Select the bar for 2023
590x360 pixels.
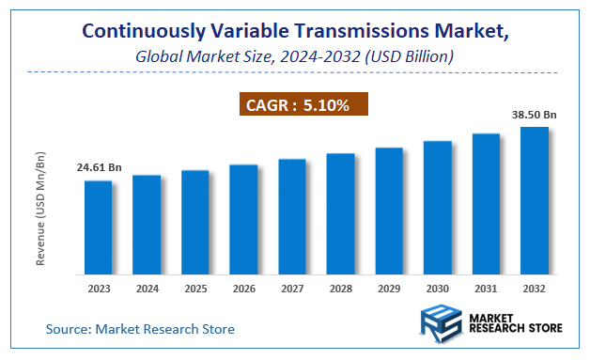pyautogui.click(x=98, y=227)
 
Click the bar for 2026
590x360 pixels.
pyautogui.click(x=243, y=220)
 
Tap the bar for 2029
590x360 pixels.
pyautogui.click(x=389, y=211)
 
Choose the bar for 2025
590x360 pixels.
pyautogui.click(x=194, y=223)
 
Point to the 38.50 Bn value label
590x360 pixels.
pyautogui.click(x=534, y=115)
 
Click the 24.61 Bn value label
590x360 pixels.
pyautogui.click(x=99, y=167)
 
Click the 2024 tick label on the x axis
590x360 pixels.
pyautogui.click(x=147, y=290)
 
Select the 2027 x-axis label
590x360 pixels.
pyautogui.click(x=292, y=290)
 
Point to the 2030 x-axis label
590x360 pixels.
pyautogui.click(x=437, y=290)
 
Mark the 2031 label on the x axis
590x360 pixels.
pyautogui.click(x=486, y=290)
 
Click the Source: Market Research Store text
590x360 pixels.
pyautogui.click(x=140, y=329)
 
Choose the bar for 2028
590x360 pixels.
pyautogui.click(x=340, y=214)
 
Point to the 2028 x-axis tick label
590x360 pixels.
pyautogui.click(x=340, y=290)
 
